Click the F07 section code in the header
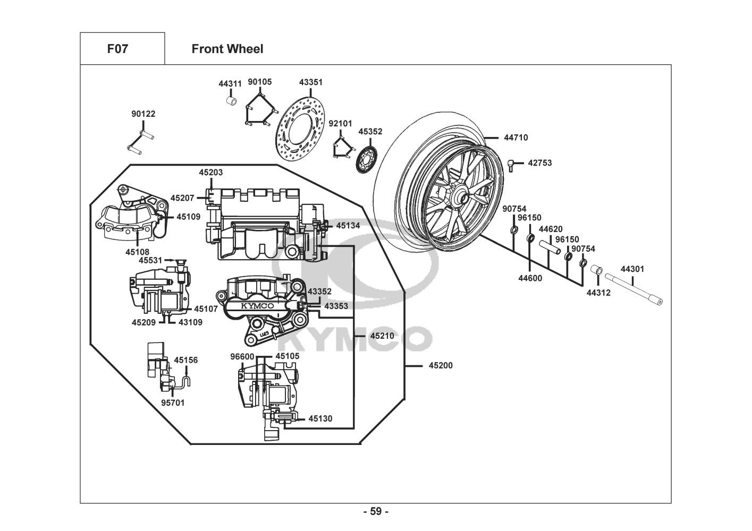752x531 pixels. click(x=117, y=49)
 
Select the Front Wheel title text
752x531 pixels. click(x=227, y=49)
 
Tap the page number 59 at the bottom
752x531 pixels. click(x=375, y=511)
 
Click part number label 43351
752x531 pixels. click(x=310, y=82)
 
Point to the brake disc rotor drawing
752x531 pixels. click(x=301, y=129)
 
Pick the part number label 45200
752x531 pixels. click(x=441, y=365)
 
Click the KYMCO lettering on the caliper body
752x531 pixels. click(x=255, y=306)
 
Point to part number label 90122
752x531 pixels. click(x=143, y=114)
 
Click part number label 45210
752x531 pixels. click(x=382, y=336)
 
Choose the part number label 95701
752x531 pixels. click(x=173, y=402)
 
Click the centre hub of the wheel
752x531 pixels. click(x=460, y=199)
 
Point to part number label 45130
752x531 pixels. click(x=320, y=418)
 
